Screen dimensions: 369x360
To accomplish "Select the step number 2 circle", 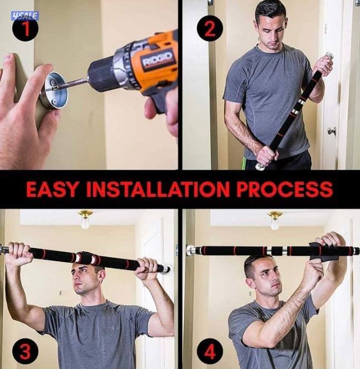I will [x=209, y=29].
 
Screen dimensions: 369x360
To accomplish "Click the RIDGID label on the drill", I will [x=157, y=59].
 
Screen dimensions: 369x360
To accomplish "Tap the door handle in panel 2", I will [x=332, y=131].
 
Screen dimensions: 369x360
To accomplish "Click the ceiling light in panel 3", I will [x=85, y=218].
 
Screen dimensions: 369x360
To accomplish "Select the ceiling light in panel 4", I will [x=275, y=218].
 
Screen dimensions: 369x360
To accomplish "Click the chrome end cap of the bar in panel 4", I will [x=190, y=251].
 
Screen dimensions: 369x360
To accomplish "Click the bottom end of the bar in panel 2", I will [x=260, y=166].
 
